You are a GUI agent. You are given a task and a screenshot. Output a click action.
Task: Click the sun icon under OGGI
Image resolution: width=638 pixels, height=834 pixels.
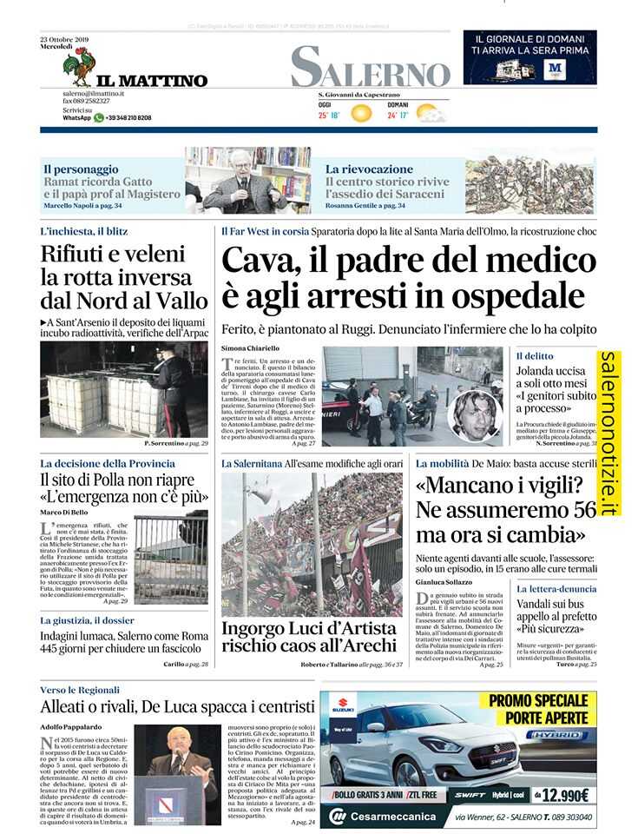360,113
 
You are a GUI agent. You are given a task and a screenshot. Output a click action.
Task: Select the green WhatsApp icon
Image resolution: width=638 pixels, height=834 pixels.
99,117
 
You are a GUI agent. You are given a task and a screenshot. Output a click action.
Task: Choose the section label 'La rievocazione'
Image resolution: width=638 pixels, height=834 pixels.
369,169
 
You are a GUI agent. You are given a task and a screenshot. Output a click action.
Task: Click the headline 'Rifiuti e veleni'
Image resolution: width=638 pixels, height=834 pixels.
113,255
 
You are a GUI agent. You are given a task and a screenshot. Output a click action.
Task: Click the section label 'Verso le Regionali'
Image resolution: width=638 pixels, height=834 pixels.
79,689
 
